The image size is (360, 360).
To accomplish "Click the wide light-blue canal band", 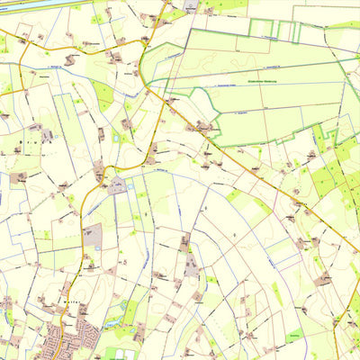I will point(27,4).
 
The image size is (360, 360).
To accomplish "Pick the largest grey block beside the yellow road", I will point(92,236).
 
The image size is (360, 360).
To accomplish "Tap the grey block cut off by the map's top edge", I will point(191,4).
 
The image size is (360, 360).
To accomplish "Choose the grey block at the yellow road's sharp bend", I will point(117,186).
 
